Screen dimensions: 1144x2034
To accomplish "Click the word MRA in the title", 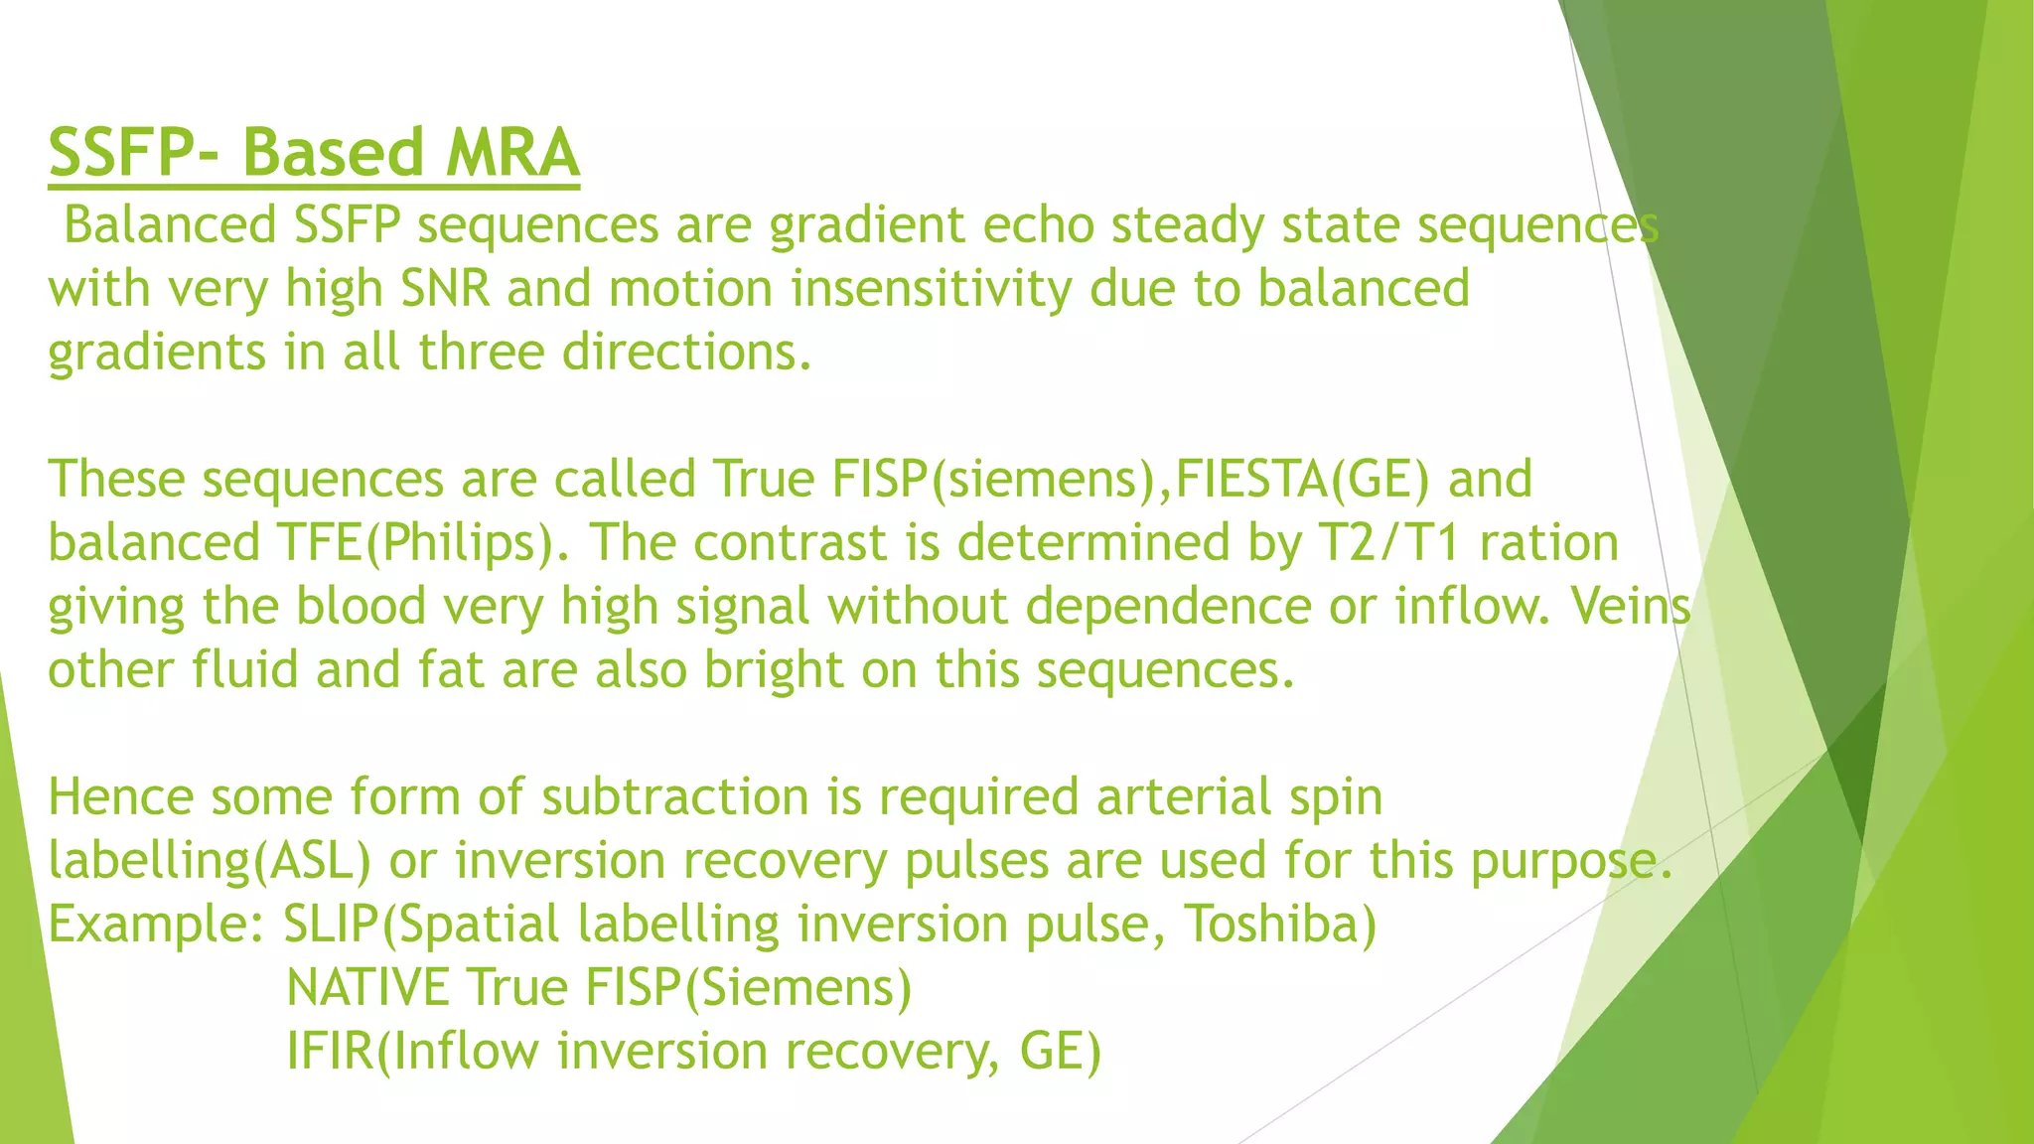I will pyautogui.click(x=511, y=154).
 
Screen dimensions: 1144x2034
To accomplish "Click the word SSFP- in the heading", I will pyautogui.click(x=137, y=154).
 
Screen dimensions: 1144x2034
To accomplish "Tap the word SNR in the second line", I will pyautogui.click(x=445, y=289).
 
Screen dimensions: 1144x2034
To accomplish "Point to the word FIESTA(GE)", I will pyautogui.click(x=1302, y=480).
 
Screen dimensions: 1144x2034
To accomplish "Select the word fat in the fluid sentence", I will pyautogui.click(x=450, y=670).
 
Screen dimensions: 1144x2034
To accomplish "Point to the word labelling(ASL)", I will pyautogui.click(x=210, y=861).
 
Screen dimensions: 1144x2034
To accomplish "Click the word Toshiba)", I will pyautogui.click(x=1281, y=925).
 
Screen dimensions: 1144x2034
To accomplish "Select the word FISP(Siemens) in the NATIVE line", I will pyautogui.click(x=748, y=988).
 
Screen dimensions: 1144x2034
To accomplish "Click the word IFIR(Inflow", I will pyautogui.click(x=412, y=1052).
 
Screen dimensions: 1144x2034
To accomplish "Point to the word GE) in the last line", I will pyautogui.click(x=1061, y=1052).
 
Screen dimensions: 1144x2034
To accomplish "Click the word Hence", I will pyautogui.click(x=119, y=797).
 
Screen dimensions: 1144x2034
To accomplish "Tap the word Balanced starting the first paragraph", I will pyautogui.click(x=170, y=225).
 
